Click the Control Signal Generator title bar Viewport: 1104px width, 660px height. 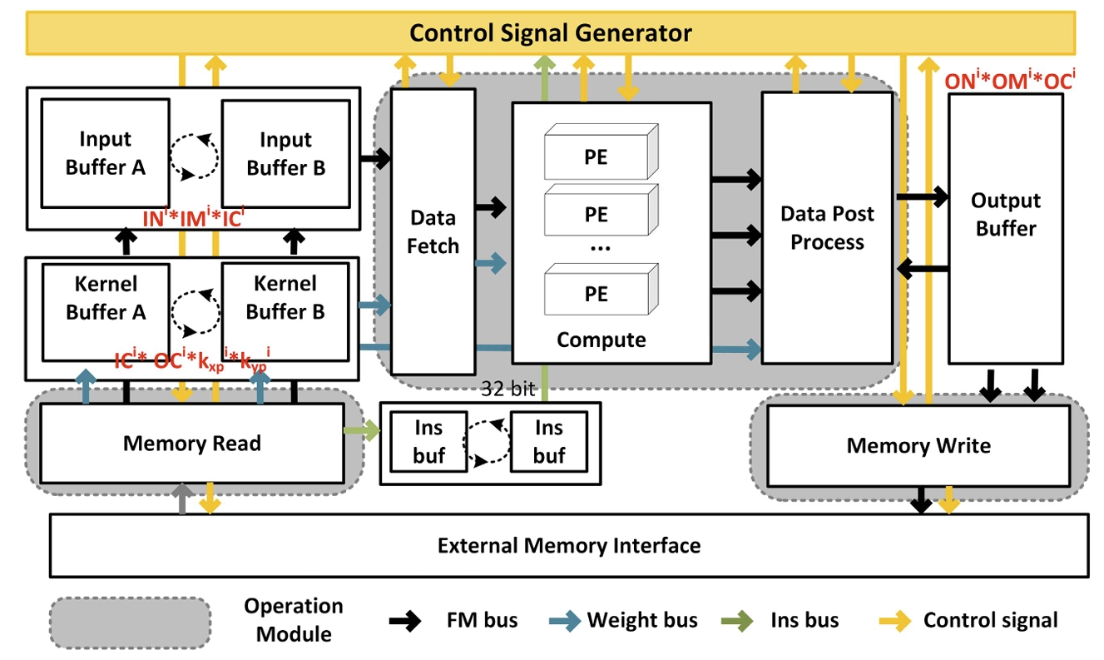click(x=551, y=33)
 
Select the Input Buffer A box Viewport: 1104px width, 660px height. click(x=106, y=154)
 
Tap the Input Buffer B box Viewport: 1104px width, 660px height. click(x=285, y=154)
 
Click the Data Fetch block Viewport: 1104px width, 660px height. click(x=433, y=231)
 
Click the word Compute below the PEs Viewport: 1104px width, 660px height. click(x=601, y=340)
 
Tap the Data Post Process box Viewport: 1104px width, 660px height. click(x=827, y=228)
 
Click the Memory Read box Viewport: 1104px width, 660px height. click(x=192, y=443)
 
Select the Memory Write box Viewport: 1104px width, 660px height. click(x=918, y=446)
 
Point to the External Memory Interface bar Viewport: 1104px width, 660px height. click(x=569, y=546)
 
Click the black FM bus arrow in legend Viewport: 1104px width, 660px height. click(x=413, y=620)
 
